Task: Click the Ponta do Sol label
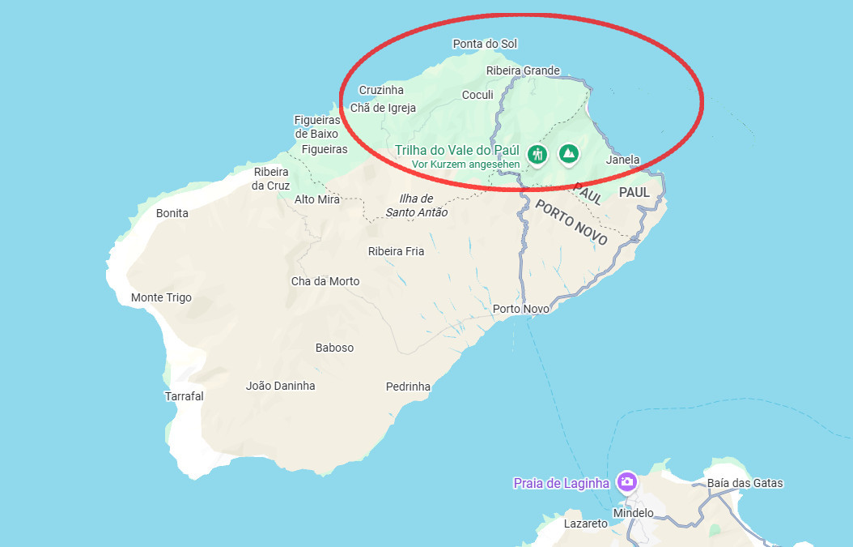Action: pyautogui.click(x=485, y=44)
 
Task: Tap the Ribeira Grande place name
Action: pyautogui.click(x=523, y=71)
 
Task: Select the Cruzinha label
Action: pyautogui.click(x=380, y=90)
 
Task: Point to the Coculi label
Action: pyautogui.click(x=477, y=95)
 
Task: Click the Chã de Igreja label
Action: pyautogui.click(x=383, y=108)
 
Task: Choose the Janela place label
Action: pyautogui.click(x=622, y=160)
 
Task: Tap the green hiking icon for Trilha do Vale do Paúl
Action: pyautogui.click(x=537, y=153)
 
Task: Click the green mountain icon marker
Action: pyautogui.click(x=570, y=152)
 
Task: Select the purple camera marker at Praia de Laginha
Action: pyautogui.click(x=626, y=482)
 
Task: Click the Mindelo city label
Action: pyautogui.click(x=633, y=513)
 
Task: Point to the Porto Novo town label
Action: pyautogui.click(x=521, y=309)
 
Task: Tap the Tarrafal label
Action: pyautogui.click(x=184, y=396)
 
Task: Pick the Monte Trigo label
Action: pyautogui.click(x=161, y=297)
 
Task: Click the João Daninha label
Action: pyautogui.click(x=280, y=386)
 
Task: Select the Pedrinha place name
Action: pyautogui.click(x=408, y=387)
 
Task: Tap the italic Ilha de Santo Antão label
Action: pyautogui.click(x=416, y=206)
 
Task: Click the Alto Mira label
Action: pyautogui.click(x=317, y=199)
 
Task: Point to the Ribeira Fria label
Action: pyautogui.click(x=396, y=251)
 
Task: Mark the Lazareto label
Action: pyautogui.click(x=585, y=523)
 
